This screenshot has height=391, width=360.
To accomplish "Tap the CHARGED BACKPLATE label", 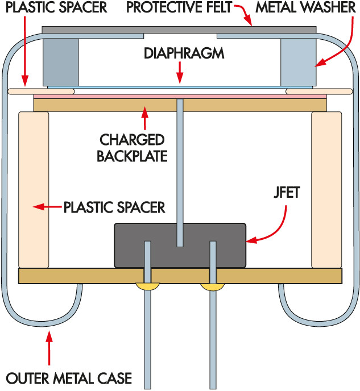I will pos(133,147).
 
